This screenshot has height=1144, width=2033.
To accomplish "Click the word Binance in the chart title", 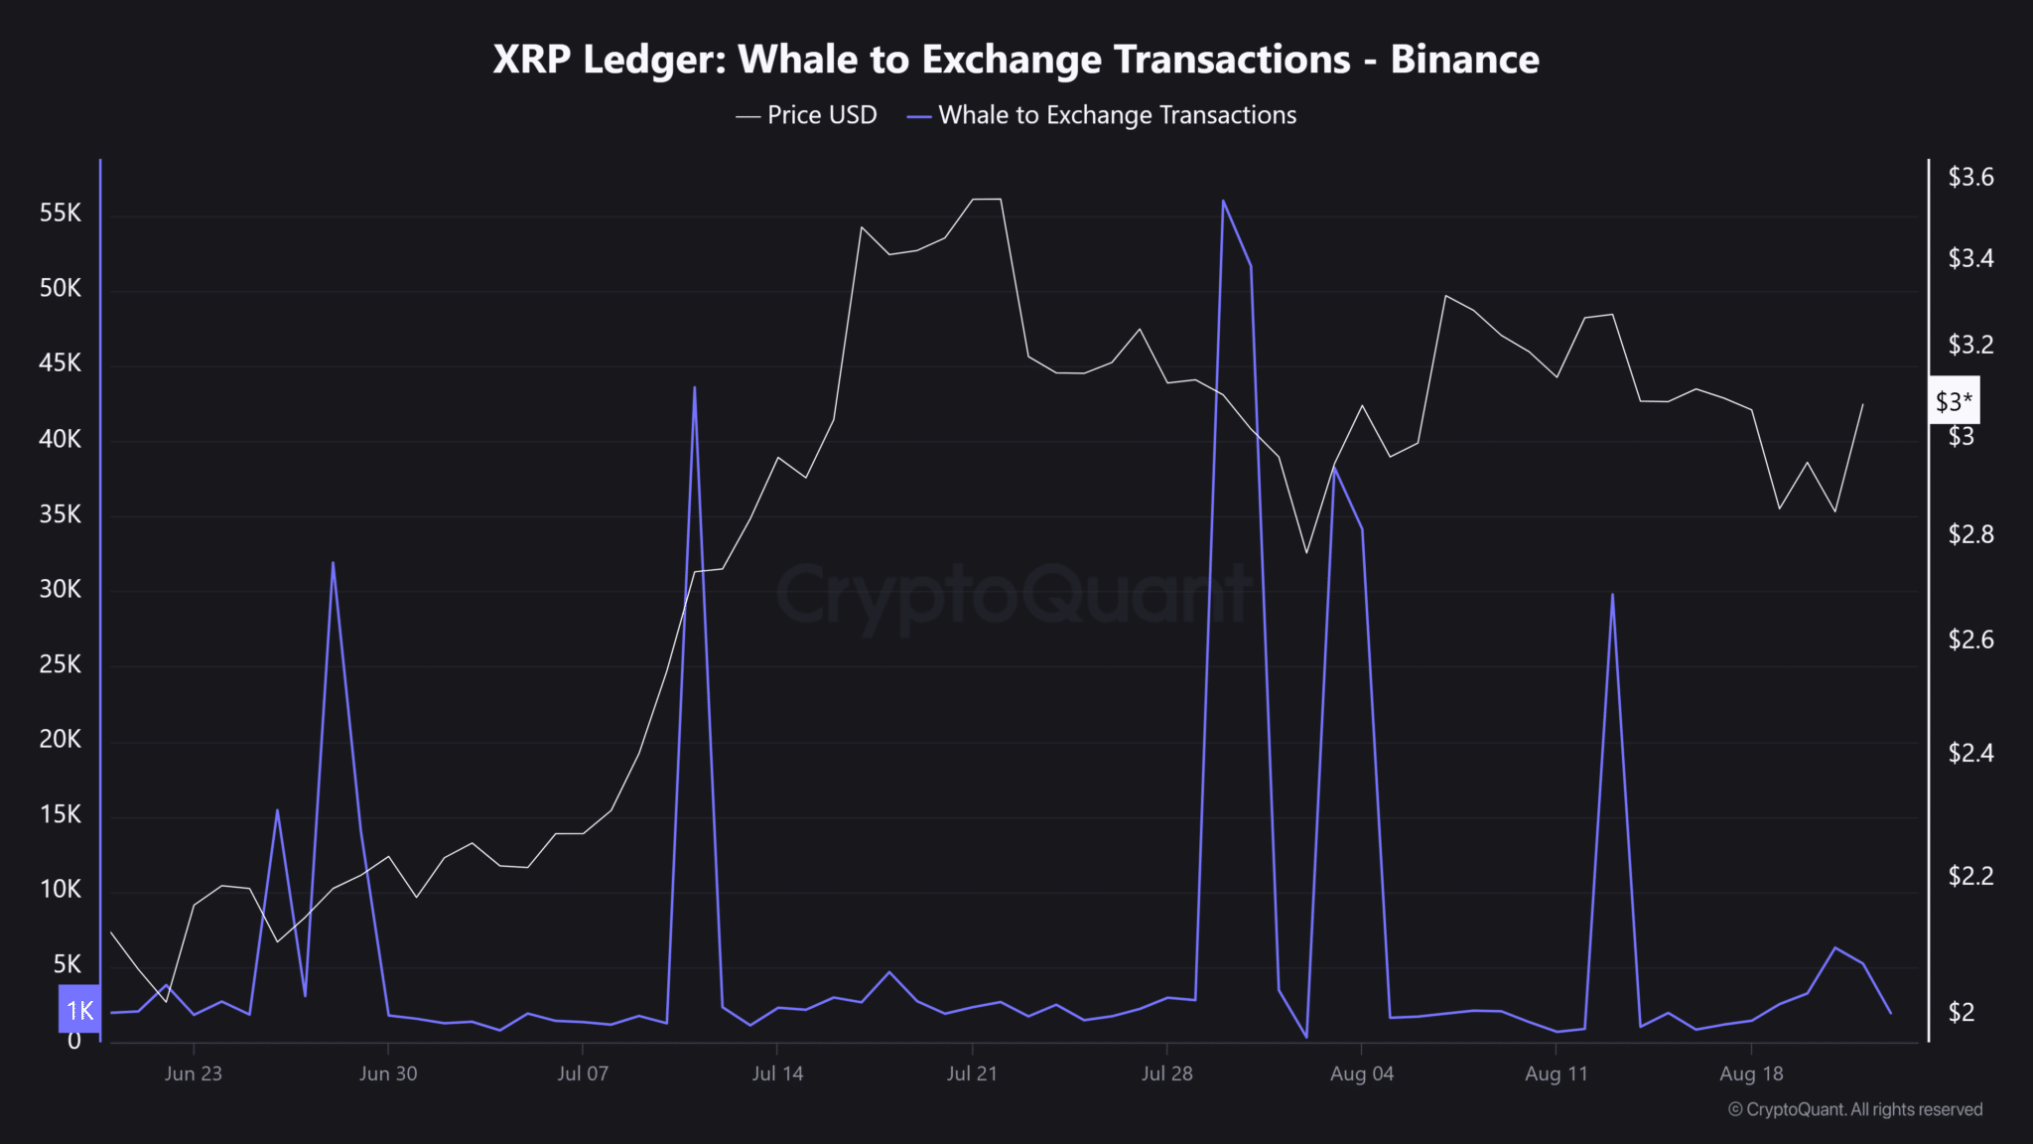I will [1464, 60].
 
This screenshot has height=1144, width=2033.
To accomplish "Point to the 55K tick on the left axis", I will [60, 214].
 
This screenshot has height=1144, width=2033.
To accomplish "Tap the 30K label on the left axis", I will [60, 589].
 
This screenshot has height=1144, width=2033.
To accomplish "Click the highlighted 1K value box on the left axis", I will [79, 1010].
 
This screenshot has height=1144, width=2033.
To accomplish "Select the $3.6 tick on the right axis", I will [1970, 177].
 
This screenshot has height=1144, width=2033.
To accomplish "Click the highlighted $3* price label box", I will [1954, 401].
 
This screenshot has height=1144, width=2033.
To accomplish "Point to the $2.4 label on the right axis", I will [1970, 753].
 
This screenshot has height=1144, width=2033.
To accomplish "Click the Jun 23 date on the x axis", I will [193, 1073].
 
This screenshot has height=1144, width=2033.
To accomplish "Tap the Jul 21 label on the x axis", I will [971, 1073].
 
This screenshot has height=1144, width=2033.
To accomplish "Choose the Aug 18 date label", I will [1751, 1073].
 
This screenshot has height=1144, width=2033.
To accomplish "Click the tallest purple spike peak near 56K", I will [1223, 202].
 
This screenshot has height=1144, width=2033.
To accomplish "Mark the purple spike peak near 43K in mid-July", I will [695, 388].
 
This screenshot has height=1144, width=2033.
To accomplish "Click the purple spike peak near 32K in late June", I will [333, 563].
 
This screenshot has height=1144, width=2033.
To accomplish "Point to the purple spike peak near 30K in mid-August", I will [1612, 595].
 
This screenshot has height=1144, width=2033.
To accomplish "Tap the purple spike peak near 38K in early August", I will [1334, 468].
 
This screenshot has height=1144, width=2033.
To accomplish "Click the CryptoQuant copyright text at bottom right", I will [1855, 1109].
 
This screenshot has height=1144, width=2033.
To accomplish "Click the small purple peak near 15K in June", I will [277, 810].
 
